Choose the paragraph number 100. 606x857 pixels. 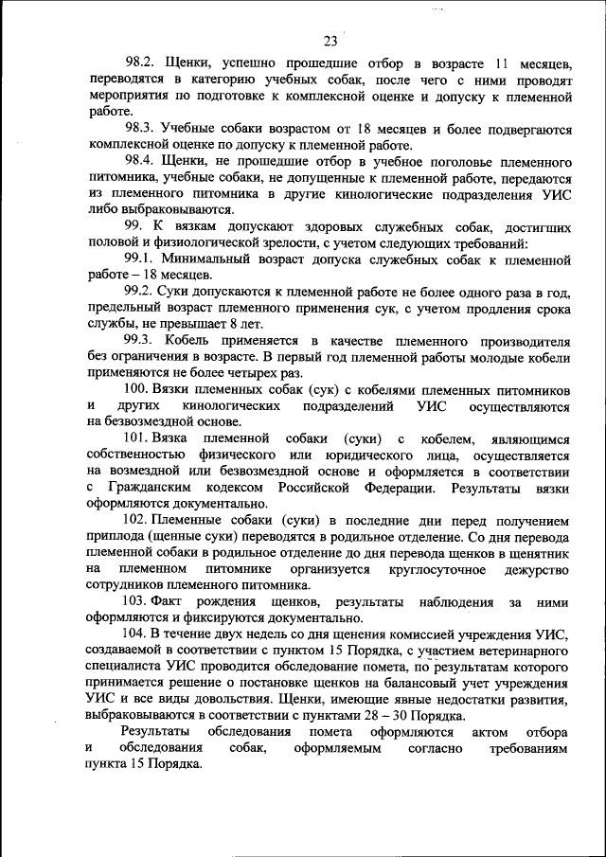(x=137, y=389)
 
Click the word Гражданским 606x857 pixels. (x=153, y=487)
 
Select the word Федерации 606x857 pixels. (x=397, y=487)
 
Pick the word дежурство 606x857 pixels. (x=536, y=568)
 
